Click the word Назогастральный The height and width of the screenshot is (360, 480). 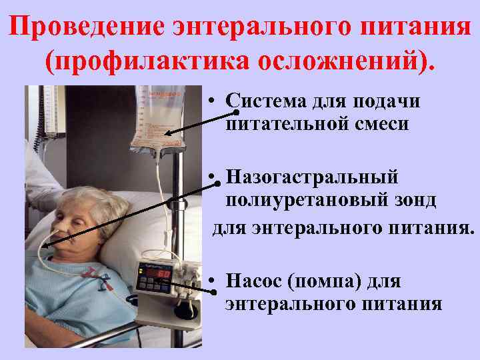pyautogui.click(x=311, y=178)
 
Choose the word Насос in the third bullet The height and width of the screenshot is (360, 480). pyautogui.click(x=253, y=282)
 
